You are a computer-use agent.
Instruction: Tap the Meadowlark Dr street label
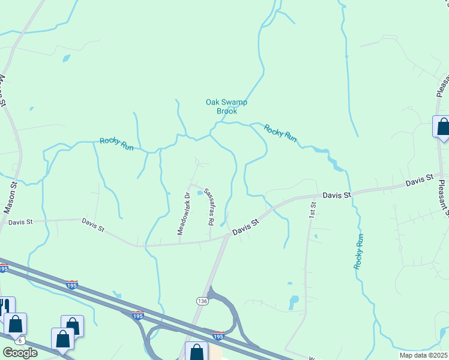point(182,213)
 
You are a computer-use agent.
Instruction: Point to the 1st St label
point(312,209)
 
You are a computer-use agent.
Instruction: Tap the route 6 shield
point(20,341)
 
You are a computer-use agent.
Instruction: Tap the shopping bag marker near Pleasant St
point(442,127)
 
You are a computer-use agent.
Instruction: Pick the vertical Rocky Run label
point(359,251)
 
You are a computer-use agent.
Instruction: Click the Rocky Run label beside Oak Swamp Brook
point(281,132)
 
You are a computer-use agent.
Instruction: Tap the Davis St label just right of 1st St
point(336,195)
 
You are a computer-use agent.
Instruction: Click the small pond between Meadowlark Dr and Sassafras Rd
point(200,201)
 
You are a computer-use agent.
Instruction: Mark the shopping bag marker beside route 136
point(196,352)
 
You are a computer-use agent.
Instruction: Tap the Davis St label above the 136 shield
point(246,226)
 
